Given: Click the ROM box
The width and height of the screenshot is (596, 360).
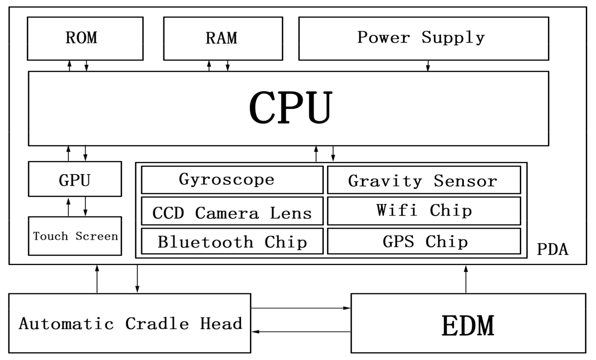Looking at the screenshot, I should (85, 38).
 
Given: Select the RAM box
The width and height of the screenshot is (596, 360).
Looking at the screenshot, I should (223, 38).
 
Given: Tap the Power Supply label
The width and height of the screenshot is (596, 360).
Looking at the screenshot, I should (421, 37).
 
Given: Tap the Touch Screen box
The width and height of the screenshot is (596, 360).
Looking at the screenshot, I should (75, 236).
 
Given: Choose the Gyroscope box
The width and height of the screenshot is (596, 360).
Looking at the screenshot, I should (232, 180).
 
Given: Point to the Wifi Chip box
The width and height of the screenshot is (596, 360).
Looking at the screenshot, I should (424, 211).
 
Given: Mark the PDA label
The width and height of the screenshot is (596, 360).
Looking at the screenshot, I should (552, 250).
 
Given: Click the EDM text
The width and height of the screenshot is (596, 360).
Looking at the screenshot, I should (468, 326).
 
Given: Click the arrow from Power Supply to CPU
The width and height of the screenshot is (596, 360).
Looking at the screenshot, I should (428, 66).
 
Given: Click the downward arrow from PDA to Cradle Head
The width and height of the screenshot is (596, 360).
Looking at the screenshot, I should (137, 279).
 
